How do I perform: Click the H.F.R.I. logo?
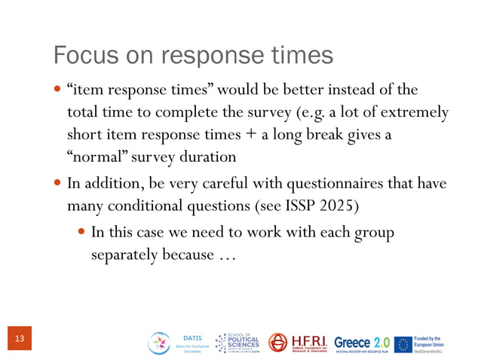click(298, 342)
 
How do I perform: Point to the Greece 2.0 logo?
click(362, 343)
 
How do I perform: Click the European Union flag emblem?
click(403, 344)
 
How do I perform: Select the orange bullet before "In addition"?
click(57, 182)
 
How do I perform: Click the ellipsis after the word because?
click(228, 256)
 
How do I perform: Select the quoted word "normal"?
click(97, 158)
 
